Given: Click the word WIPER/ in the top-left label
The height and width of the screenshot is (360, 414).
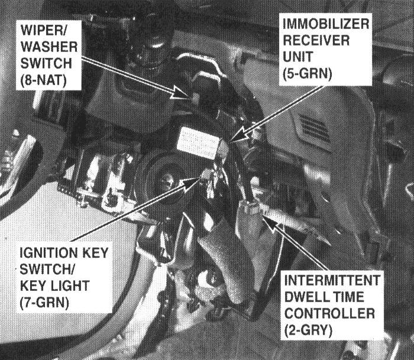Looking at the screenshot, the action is pos(44,30).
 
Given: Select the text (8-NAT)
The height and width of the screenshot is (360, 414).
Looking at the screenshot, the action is pos(44,81).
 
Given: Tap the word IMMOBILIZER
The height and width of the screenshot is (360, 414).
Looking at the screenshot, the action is pos(325,24).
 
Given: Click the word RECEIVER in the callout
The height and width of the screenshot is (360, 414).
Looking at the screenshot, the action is pos(316,40).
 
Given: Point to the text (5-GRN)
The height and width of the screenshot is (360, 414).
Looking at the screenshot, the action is pos(307,73).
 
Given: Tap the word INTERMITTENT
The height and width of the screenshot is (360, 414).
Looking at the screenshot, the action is pos(332,280).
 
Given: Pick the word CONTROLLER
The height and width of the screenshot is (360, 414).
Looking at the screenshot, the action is pos(329,313).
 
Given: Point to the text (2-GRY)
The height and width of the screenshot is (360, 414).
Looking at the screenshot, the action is pos(308,330).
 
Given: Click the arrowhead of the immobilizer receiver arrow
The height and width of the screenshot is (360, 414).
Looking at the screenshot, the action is pos(240,135).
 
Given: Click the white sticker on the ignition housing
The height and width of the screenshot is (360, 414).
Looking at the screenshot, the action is pos(198,143).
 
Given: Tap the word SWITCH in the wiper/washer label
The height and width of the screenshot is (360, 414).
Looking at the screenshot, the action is pos(46,64).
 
